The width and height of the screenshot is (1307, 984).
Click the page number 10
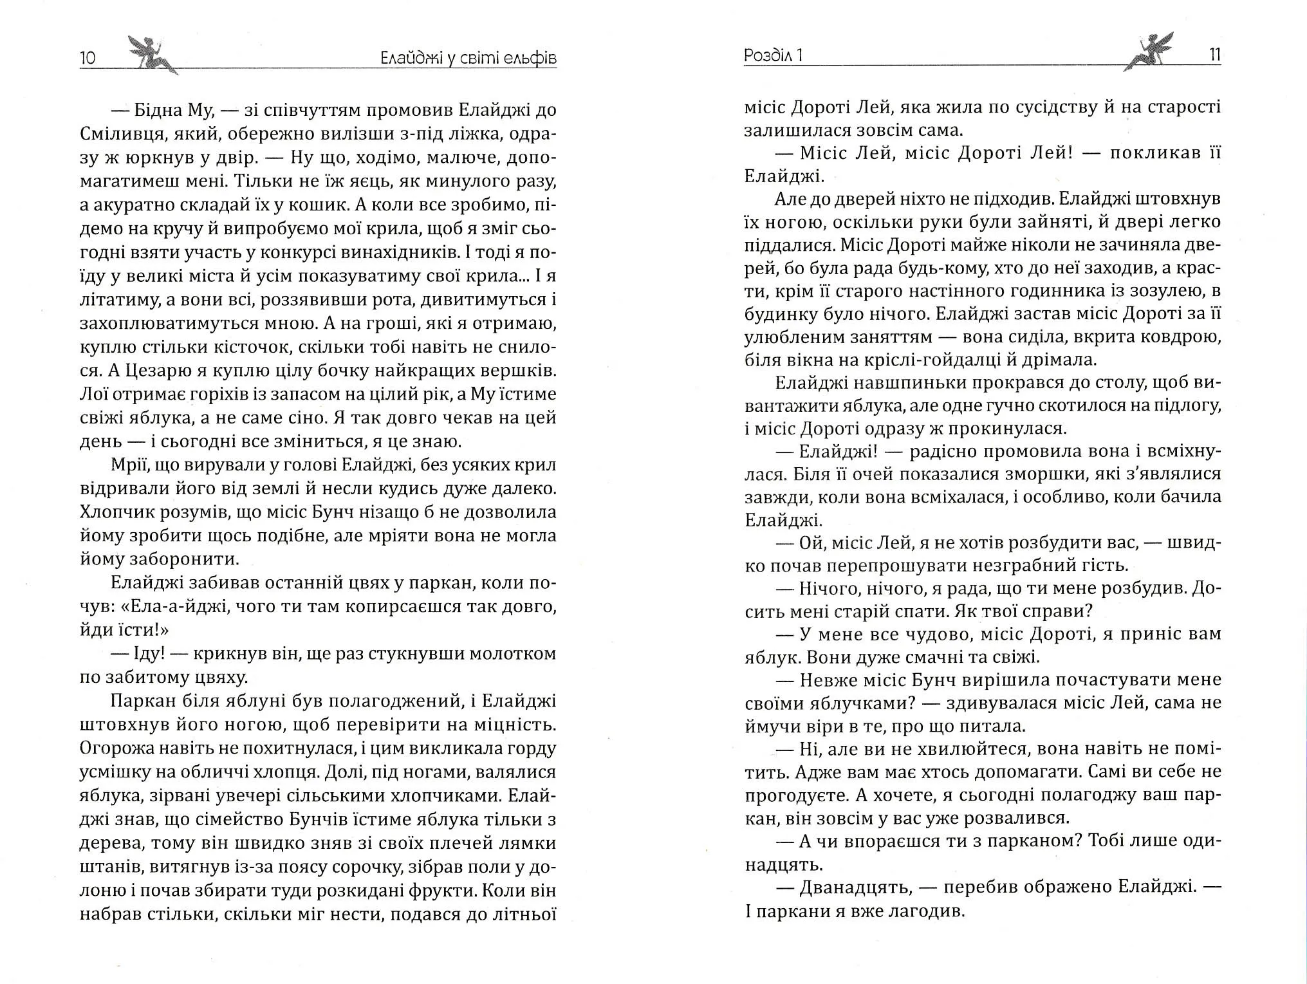88,58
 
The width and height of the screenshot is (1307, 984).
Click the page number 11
1214,55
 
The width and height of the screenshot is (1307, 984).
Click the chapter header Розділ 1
773,56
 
